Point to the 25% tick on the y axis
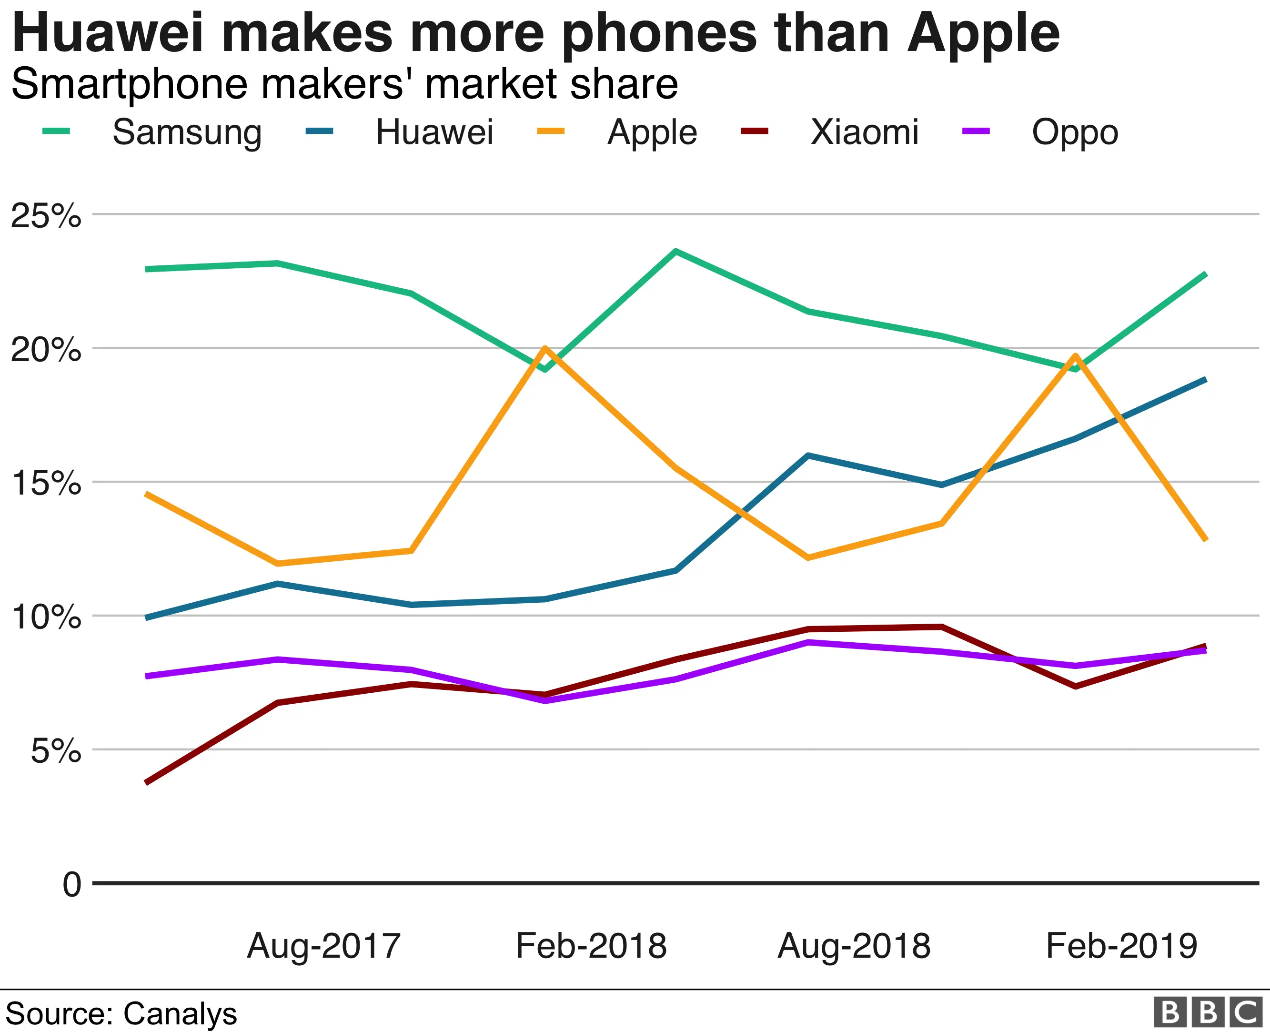[46, 215]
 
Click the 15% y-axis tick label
[46, 483]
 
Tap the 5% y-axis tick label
[55, 751]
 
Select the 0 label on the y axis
[71, 885]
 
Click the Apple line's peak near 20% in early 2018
[544, 348]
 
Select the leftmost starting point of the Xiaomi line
[147, 782]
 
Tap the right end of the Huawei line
[1205, 379]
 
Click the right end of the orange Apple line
[1205, 539]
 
